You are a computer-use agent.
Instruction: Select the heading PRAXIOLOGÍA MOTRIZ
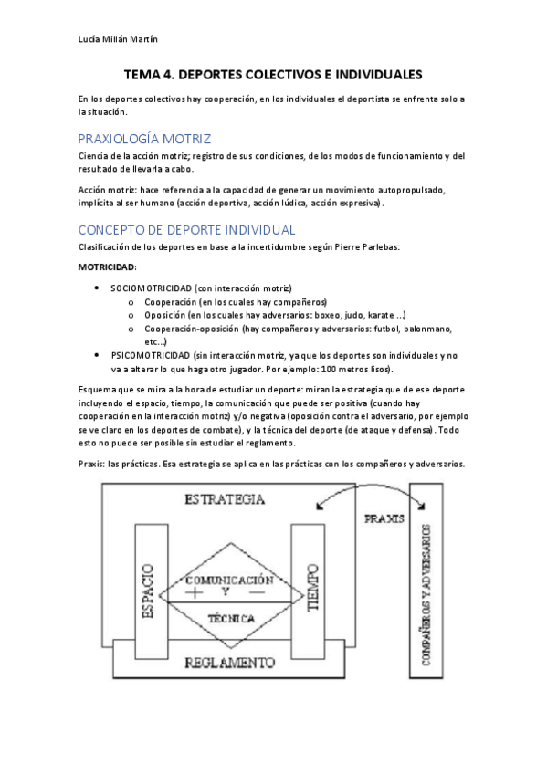coord(144,139)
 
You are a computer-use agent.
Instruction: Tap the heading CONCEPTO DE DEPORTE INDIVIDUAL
coord(186,229)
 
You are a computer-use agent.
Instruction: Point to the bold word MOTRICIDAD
coord(108,267)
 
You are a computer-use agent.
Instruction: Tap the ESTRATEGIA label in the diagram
coord(225,499)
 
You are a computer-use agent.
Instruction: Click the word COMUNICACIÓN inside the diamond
coord(230,580)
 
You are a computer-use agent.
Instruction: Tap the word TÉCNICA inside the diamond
coord(230,618)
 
